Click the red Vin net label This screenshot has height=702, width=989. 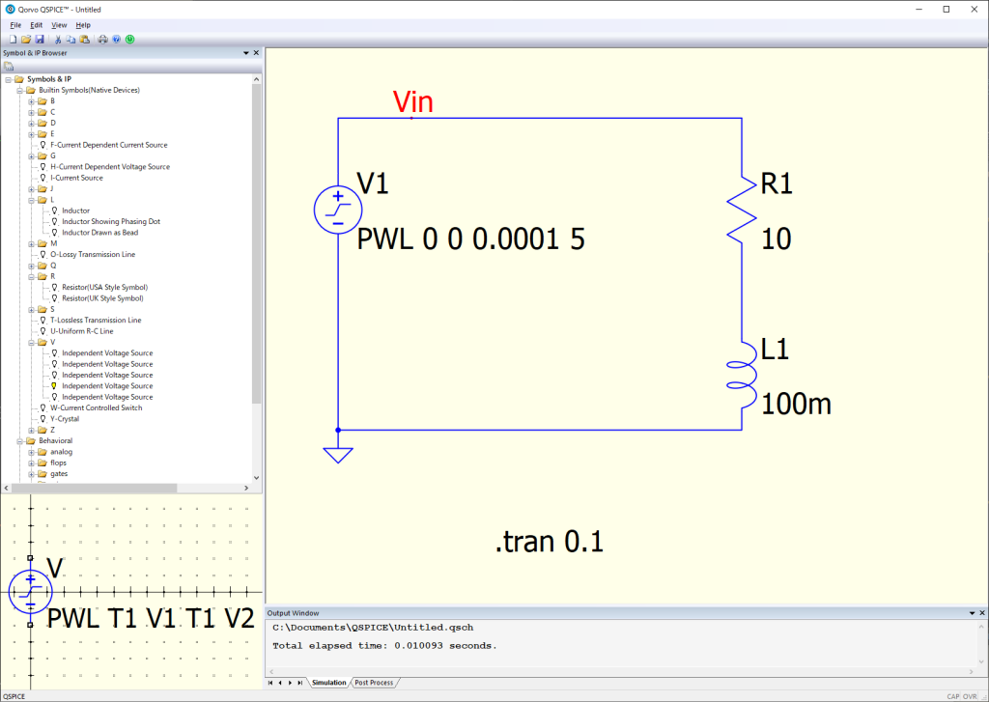coord(412,102)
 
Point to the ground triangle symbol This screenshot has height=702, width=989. coord(338,454)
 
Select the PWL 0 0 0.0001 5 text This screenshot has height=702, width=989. coord(470,239)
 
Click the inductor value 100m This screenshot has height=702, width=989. coord(796,405)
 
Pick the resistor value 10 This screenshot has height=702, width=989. coord(777,239)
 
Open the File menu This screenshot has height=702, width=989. coord(15,24)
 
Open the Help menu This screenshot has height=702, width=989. coord(83,24)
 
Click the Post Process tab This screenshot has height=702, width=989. coord(374,683)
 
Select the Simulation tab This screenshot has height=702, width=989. coord(328,683)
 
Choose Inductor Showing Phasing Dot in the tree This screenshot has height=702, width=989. coord(111,221)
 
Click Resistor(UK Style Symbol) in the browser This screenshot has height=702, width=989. coord(104,298)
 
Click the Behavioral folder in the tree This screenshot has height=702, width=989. coord(55,440)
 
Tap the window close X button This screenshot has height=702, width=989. coord(972,9)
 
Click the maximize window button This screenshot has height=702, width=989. coord(946,9)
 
